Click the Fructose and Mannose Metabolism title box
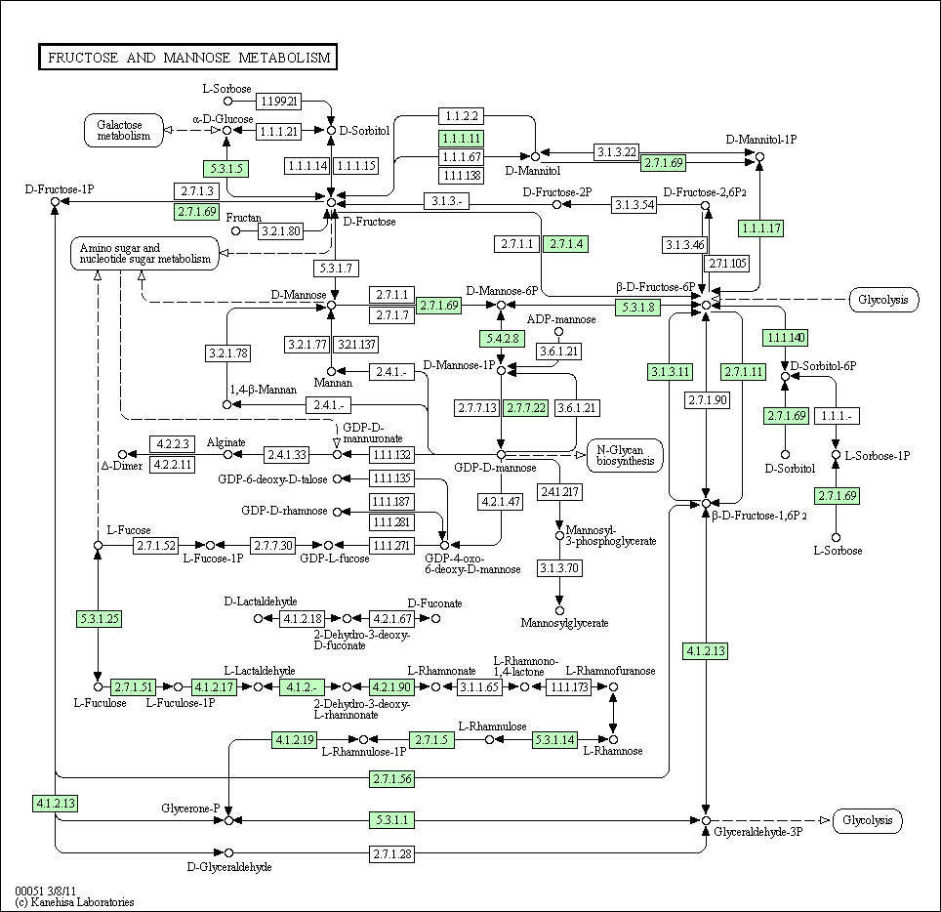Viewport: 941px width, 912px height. [187, 57]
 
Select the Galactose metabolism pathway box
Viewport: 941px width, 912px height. [124, 130]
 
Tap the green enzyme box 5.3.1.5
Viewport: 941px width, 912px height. [226, 169]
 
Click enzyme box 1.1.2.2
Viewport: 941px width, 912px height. [462, 116]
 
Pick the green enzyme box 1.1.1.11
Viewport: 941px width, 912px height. [462, 139]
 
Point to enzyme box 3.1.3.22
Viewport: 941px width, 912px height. [616, 152]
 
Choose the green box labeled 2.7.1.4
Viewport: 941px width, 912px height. [566, 244]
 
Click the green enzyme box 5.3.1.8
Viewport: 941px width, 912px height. [638, 308]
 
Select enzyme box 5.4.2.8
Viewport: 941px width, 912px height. [503, 339]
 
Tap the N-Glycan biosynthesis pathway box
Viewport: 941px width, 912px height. [626, 456]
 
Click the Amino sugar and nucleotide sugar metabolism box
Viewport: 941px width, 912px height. [145, 253]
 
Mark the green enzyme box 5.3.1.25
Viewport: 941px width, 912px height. [99, 618]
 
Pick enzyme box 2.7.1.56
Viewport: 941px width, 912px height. [391, 778]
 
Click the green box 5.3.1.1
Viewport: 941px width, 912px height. [391, 819]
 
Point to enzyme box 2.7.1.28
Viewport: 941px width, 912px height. [391, 853]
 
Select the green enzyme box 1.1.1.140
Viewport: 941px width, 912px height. [786, 338]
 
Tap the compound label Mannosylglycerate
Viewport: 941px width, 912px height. [565, 623]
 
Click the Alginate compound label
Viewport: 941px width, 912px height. [226, 442]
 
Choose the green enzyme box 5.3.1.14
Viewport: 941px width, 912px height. [555, 740]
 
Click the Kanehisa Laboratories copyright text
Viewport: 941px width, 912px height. [74, 902]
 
